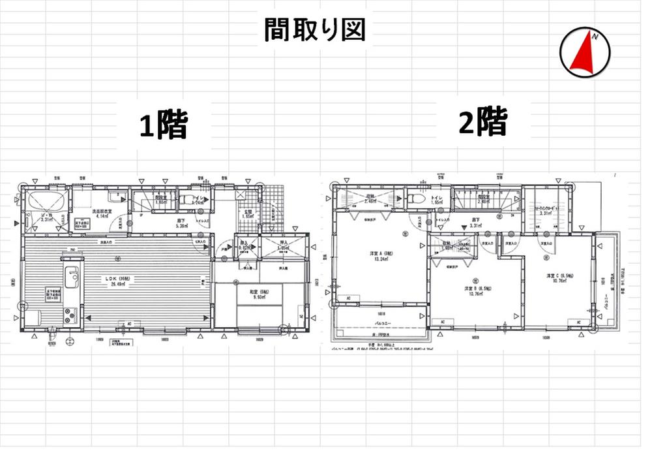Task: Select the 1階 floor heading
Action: coord(163,125)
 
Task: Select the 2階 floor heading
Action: coord(482,122)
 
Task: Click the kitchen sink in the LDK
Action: coord(72,277)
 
